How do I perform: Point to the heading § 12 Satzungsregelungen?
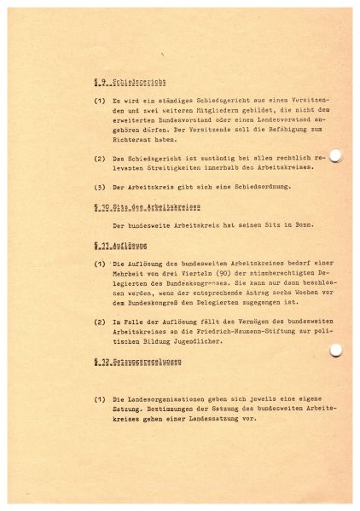point(136,363)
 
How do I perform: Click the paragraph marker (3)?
point(98,188)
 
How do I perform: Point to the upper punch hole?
point(311,155)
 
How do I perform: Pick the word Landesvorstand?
point(253,125)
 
